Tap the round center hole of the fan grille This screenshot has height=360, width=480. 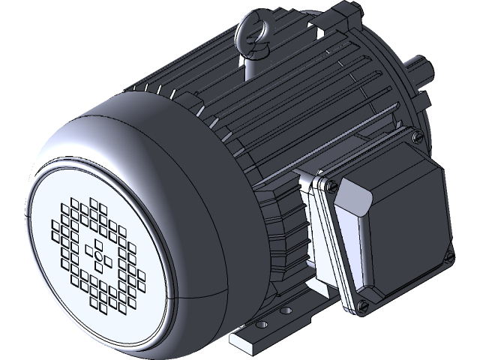[98, 256]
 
